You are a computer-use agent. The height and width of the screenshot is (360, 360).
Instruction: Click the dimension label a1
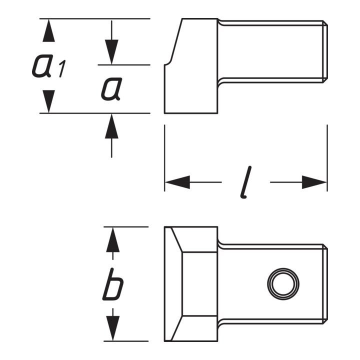[x=49, y=66]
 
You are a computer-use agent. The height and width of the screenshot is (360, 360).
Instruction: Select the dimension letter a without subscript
[x=110, y=89]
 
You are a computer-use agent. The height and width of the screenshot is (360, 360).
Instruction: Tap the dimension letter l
[x=246, y=182]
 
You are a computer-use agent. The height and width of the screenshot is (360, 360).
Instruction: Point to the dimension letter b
[x=113, y=284]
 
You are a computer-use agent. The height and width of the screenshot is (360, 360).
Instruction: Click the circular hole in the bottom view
[x=283, y=284]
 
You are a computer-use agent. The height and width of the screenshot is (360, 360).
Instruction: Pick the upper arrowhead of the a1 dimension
[x=48, y=30]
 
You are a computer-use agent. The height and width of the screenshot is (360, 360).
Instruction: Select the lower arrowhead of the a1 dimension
[x=48, y=101]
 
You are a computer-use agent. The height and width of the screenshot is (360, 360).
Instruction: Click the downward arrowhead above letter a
[x=111, y=52]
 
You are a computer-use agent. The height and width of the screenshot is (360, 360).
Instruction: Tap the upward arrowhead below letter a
[x=111, y=126]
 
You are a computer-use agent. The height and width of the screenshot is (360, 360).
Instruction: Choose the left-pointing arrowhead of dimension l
[x=177, y=182]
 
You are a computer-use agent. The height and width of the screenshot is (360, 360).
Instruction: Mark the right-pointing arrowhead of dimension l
[x=314, y=182]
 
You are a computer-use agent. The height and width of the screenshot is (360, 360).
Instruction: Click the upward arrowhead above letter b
[x=112, y=239]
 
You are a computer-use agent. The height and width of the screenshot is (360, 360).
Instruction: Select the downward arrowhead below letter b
[x=112, y=328]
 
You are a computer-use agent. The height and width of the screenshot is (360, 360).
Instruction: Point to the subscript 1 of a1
[x=62, y=68]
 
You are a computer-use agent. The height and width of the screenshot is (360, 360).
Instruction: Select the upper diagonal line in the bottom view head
[x=177, y=239]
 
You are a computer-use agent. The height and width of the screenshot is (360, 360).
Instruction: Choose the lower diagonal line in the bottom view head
[x=177, y=328]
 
